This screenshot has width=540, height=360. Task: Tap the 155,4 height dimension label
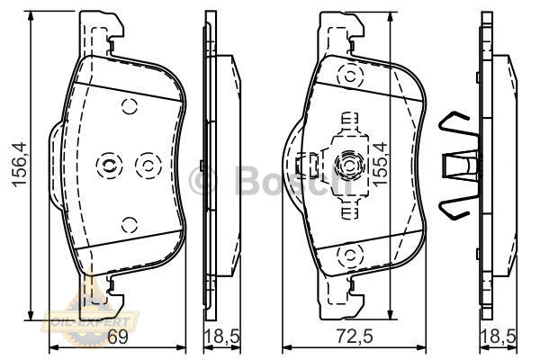380,165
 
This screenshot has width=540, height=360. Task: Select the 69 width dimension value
117,337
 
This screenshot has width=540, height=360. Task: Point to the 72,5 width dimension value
355,337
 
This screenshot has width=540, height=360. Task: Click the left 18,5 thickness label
222,337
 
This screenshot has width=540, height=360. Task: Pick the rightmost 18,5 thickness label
499,337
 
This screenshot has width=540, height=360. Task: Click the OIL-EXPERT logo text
90,322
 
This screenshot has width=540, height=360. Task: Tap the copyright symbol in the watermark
203,179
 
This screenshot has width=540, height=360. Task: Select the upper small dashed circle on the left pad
130,106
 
